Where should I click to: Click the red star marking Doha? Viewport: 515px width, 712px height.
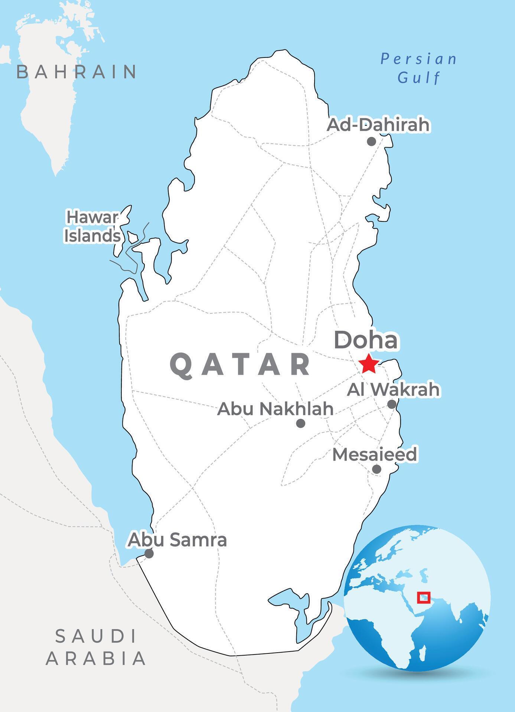pos(369,364)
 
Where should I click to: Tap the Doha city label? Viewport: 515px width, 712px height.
pos(366,340)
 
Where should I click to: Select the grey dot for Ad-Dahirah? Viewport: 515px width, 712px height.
pos(371,141)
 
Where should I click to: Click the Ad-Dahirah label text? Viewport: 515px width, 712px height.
pos(378,125)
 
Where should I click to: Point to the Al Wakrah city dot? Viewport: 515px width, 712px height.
pos(392,404)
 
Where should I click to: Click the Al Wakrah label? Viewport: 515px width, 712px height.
pos(393,389)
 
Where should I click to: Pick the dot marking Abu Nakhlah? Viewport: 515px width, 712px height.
pos(301,423)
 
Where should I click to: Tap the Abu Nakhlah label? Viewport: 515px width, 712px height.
pos(275,409)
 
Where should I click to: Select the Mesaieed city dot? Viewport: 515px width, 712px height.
pos(377,469)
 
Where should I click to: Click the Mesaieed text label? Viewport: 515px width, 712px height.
pos(374,455)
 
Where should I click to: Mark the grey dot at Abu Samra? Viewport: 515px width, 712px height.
pos(149,554)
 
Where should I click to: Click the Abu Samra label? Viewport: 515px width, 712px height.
pos(177,540)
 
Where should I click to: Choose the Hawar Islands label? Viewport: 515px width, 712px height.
pos(92,227)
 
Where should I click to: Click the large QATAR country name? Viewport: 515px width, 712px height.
pos(240,365)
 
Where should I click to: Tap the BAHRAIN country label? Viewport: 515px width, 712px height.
pos(76,72)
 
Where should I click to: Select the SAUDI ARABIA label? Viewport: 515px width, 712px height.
pos(95,647)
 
